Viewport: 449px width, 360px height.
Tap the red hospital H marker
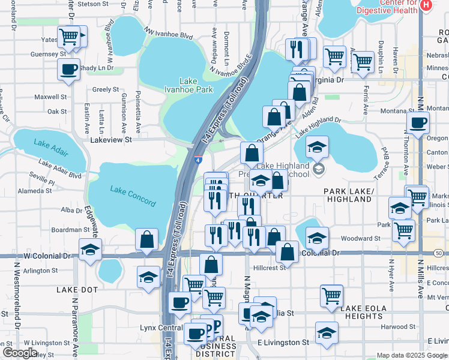click(x=426, y=5)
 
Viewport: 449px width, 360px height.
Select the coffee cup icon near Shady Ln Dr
click(x=69, y=68)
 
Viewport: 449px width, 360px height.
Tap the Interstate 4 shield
click(x=198, y=160)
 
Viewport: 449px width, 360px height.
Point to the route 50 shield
click(x=440, y=254)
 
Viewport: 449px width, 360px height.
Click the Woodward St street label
click(x=361, y=239)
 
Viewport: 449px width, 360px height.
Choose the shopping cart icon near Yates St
click(x=69, y=37)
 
